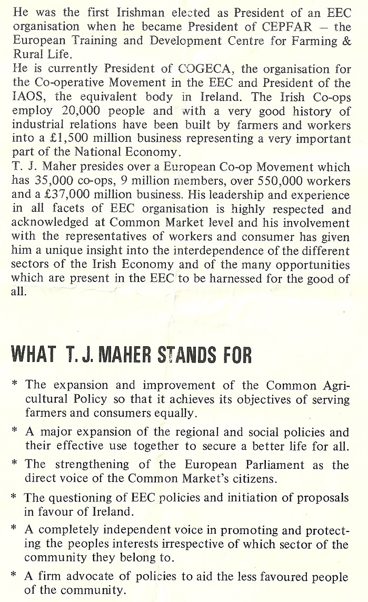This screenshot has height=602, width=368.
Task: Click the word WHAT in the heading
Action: [x=33, y=356]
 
